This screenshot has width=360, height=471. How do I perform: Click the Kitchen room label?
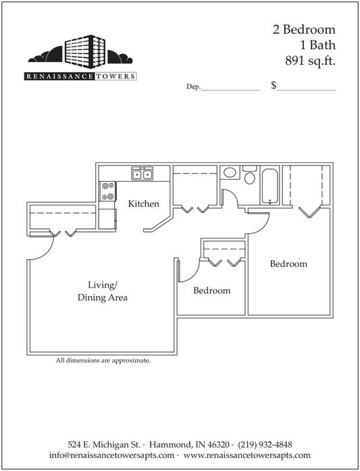point(143,203)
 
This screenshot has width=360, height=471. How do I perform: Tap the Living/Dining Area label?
point(103,291)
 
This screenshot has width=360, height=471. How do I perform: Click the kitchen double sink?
point(142,174)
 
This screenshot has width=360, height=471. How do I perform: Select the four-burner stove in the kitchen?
point(108,191)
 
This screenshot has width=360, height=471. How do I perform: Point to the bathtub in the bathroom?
point(270,186)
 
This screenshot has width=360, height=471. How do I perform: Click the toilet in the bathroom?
point(249,175)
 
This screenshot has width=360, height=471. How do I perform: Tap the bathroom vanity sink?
point(230,172)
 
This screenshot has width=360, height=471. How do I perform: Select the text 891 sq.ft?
point(310,61)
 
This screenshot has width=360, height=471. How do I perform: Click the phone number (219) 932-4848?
point(265,444)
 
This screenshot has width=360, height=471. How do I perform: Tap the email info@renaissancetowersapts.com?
point(111,455)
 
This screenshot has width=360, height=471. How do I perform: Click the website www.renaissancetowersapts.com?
point(247,455)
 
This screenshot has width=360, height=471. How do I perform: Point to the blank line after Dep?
point(230,90)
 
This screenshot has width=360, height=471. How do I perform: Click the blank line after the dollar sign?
point(306,90)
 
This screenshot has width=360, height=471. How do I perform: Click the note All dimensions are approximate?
point(103,360)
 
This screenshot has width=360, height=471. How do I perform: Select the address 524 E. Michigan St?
point(104,444)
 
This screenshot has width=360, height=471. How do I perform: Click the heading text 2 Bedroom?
point(304,30)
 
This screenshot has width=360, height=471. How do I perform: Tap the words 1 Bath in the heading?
point(317,45)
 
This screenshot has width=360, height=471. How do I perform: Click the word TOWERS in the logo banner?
point(115,76)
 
